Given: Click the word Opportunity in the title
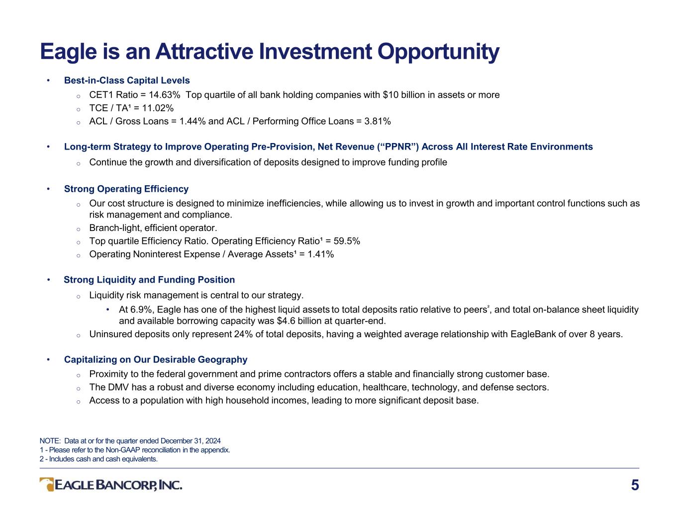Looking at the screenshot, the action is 438,52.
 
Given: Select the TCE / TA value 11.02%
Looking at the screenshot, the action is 158,108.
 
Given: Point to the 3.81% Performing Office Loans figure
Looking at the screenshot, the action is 378,121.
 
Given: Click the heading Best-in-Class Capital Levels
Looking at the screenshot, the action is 127,80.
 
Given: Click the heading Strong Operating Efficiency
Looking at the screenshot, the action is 126,189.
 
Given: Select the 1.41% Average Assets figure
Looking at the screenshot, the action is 320,254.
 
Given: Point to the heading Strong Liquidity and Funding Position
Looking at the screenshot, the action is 149,280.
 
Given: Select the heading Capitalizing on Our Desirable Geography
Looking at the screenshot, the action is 156,360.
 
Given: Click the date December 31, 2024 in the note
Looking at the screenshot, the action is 191,441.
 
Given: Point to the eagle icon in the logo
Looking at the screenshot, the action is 47,485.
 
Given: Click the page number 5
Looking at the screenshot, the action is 635,485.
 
